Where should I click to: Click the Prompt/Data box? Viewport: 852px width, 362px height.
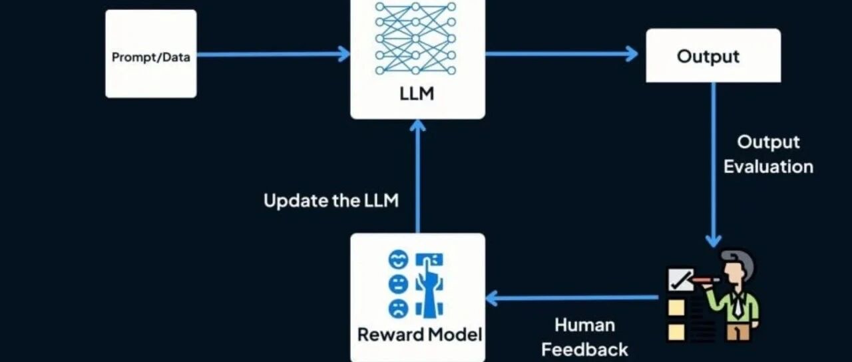(151, 56)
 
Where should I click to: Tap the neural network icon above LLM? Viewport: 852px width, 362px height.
(417, 39)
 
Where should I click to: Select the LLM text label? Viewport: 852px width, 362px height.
(417, 94)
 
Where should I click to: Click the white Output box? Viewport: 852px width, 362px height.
(712, 56)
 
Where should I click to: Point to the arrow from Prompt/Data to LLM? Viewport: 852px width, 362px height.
(273, 55)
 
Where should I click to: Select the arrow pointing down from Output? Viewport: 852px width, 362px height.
(713, 166)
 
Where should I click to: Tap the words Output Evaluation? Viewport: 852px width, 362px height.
(768, 154)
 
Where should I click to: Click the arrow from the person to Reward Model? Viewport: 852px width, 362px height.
(572, 297)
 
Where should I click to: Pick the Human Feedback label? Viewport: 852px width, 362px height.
(584, 337)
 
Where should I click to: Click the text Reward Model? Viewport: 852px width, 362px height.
(419, 334)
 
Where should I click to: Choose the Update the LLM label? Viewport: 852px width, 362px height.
(331, 201)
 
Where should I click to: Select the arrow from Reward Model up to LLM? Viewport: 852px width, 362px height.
(417, 176)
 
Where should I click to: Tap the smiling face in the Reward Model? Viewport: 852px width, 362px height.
(397, 260)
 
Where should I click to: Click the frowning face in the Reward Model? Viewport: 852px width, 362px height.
(397, 308)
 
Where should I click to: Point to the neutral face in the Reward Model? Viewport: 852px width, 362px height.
(397, 284)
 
